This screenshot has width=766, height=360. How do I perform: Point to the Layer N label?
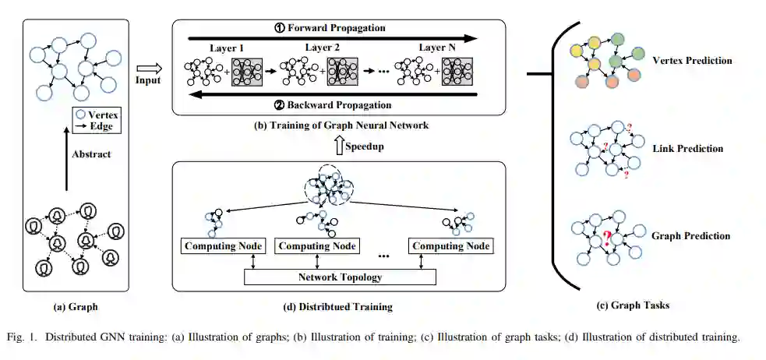(x=437, y=48)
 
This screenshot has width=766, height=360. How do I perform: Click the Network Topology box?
(x=341, y=277)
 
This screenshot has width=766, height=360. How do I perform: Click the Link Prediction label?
(x=688, y=148)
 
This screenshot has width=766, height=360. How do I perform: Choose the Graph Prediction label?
(x=690, y=235)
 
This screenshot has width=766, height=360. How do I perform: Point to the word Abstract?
(x=90, y=154)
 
